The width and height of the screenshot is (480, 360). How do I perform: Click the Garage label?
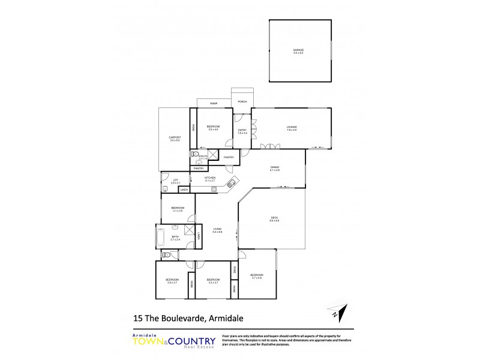coord(298,51)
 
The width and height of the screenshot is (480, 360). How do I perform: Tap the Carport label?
coord(175,138)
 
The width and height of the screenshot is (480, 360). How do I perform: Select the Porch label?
coord(242,102)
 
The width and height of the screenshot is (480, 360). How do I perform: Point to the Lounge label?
coord(292,127)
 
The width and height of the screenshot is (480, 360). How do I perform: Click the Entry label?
coord(242,130)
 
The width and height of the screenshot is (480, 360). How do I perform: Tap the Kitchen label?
coord(210,178)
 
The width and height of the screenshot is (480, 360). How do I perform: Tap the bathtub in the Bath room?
coord(161,236)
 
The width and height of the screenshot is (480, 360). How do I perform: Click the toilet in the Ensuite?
coord(194,154)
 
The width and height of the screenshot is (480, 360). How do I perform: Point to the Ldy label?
coord(176,180)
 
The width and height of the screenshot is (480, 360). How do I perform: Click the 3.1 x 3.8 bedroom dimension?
coord(177,211)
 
